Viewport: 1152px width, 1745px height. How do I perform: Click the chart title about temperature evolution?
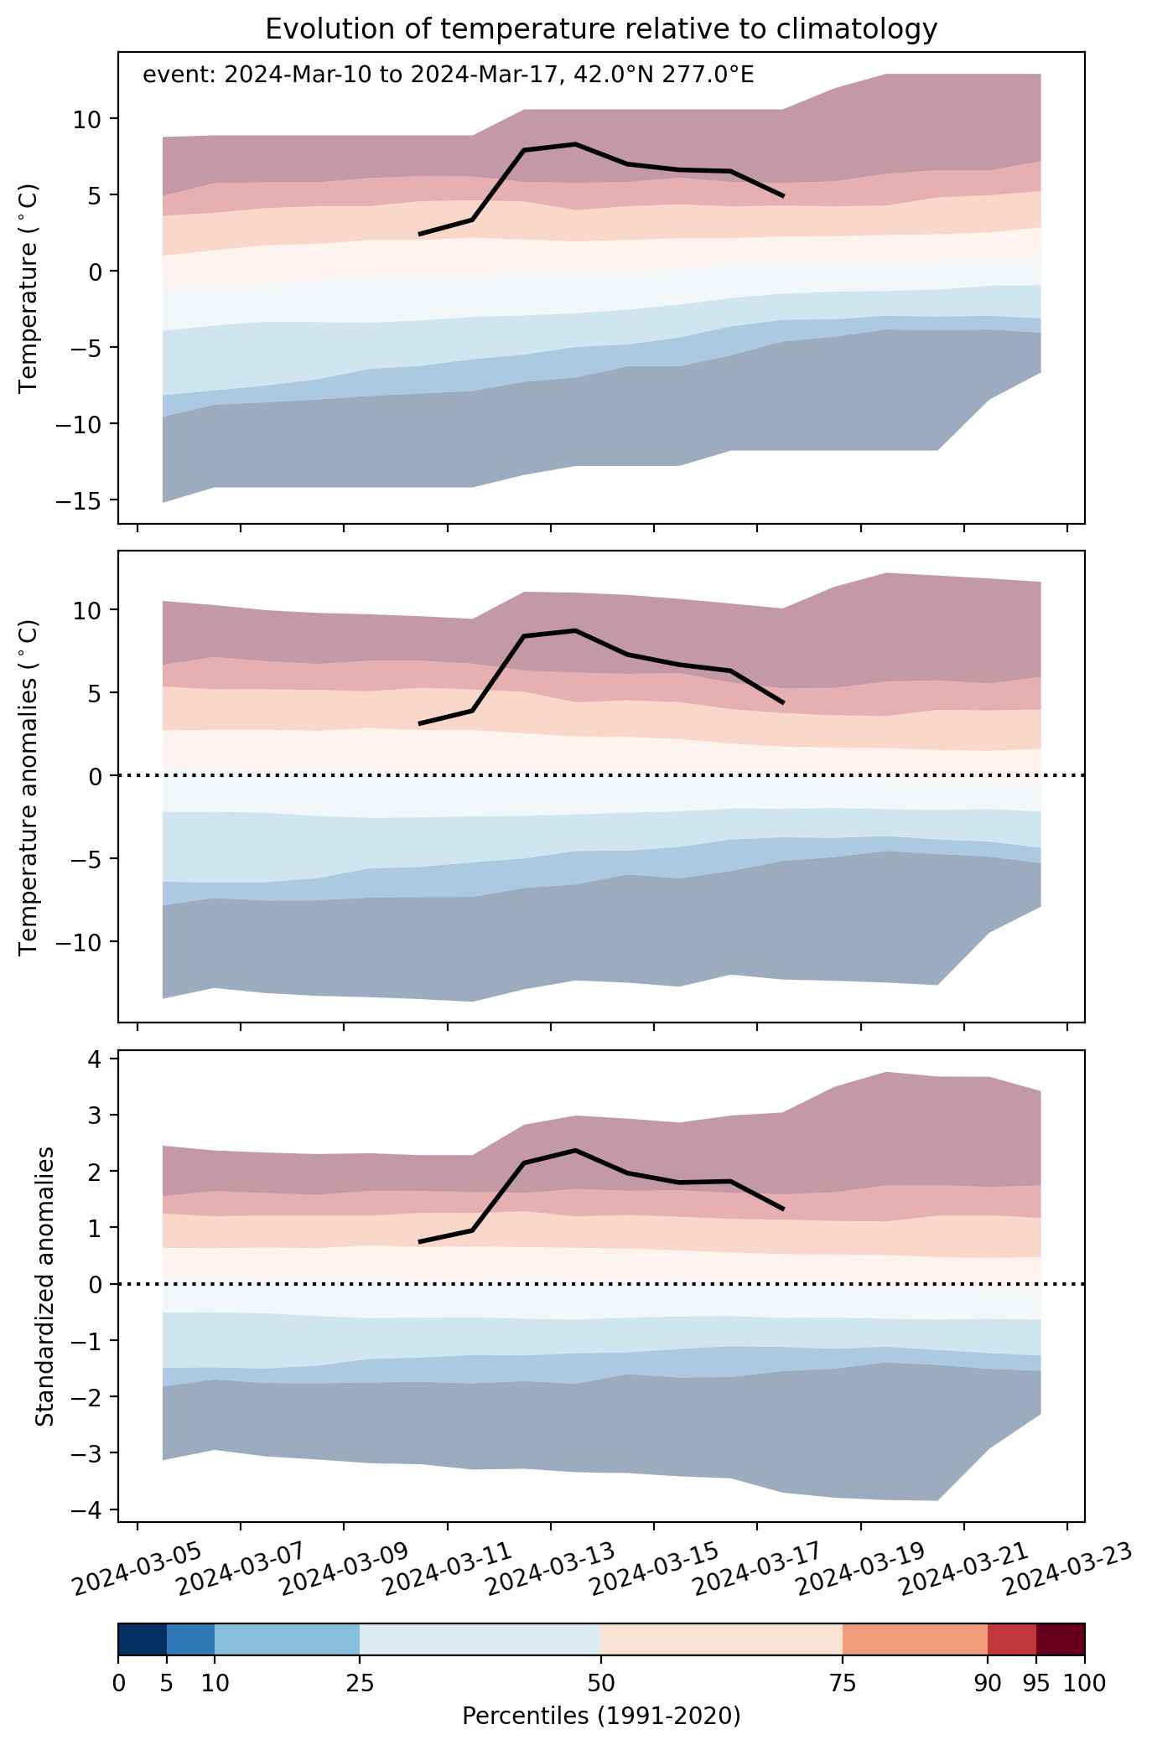tap(600, 29)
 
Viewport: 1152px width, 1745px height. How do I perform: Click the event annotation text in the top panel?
tap(449, 75)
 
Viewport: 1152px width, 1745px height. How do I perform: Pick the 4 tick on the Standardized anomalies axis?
tap(95, 1059)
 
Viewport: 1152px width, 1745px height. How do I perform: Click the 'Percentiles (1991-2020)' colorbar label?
tap(601, 1717)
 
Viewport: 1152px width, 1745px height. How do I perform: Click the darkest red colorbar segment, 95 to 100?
tap(1061, 1639)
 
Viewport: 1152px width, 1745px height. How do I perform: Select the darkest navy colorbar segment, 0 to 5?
tap(143, 1639)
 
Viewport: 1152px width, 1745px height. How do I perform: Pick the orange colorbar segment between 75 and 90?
tap(916, 1639)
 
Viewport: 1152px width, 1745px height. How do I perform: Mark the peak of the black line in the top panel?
tap(576, 144)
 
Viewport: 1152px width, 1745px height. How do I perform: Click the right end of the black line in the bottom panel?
tap(783, 1209)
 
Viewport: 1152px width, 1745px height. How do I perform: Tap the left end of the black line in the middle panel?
tap(419, 723)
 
